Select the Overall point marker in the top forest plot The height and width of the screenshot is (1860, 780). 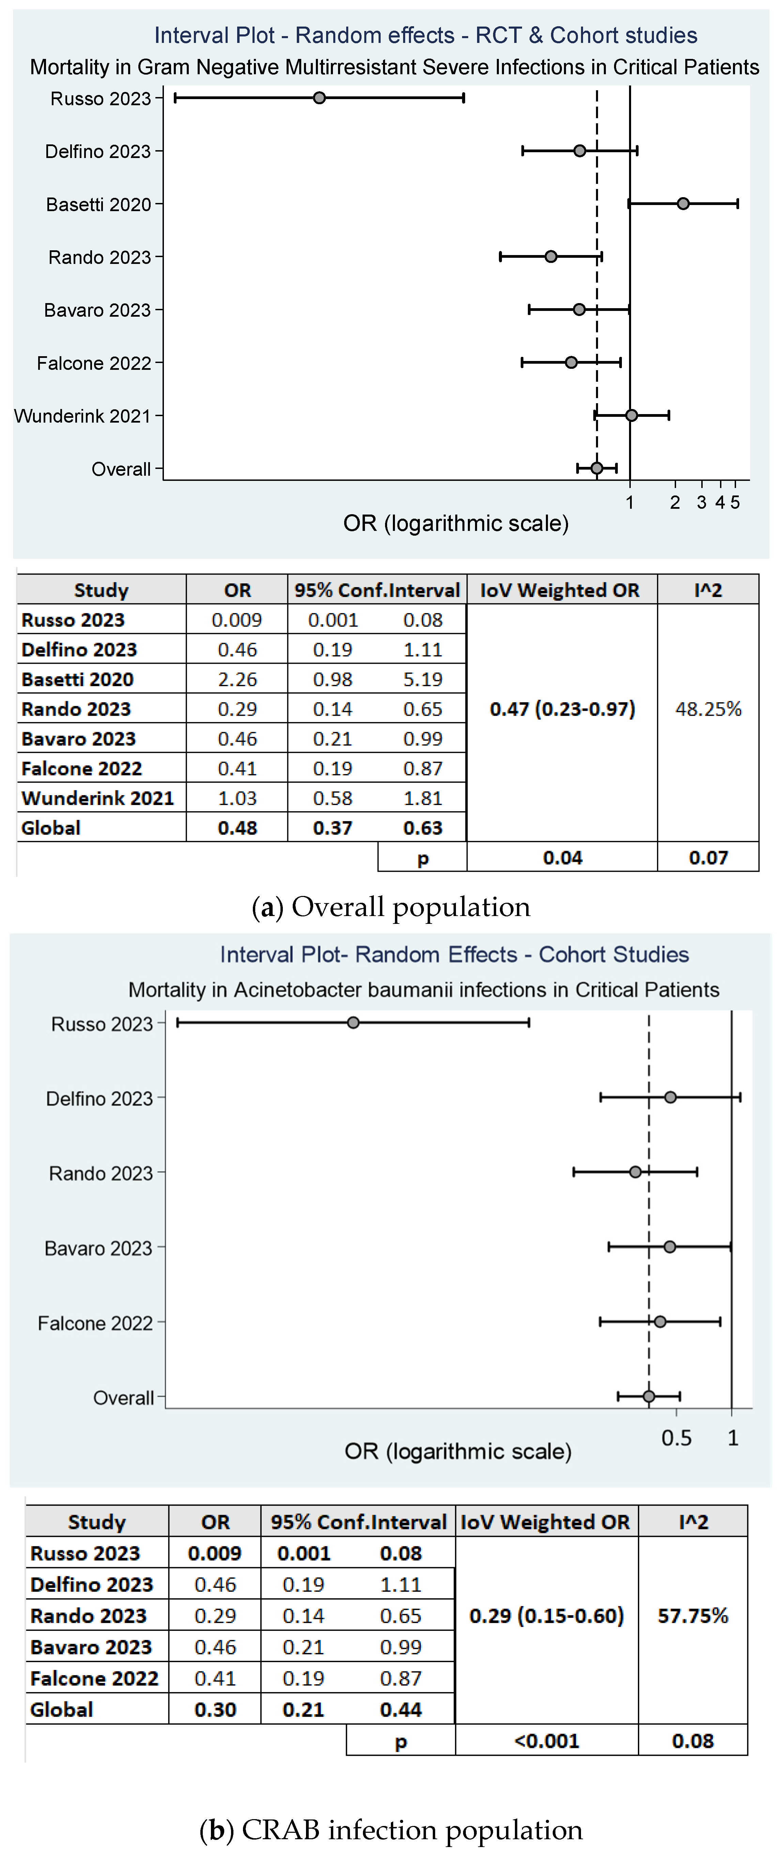tap(597, 468)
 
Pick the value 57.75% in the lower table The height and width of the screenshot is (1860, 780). tap(693, 1616)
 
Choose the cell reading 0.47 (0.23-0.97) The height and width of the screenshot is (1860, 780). tap(562, 709)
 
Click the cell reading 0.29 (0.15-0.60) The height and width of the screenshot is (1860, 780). tap(547, 1616)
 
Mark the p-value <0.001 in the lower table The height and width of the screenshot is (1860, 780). tap(547, 1741)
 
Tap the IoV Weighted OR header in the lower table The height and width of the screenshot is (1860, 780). tap(545, 1522)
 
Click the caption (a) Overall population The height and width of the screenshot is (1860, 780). tap(391, 907)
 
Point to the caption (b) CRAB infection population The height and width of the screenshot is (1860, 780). tap(391, 1830)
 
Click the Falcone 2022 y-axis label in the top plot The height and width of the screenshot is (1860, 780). tap(94, 363)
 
